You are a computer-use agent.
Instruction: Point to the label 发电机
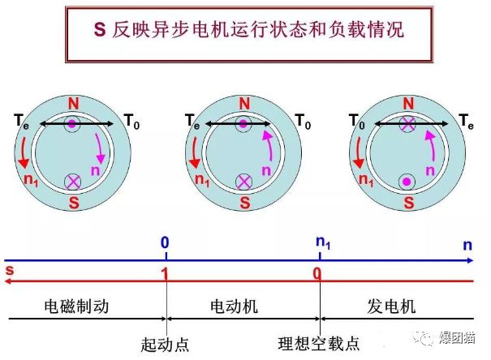(x=392, y=308)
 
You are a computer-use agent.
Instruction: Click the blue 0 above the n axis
(x=165, y=242)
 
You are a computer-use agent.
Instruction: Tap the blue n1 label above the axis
(x=322, y=242)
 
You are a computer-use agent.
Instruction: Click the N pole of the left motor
(x=74, y=104)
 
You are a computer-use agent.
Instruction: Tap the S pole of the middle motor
(x=244, y=201)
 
